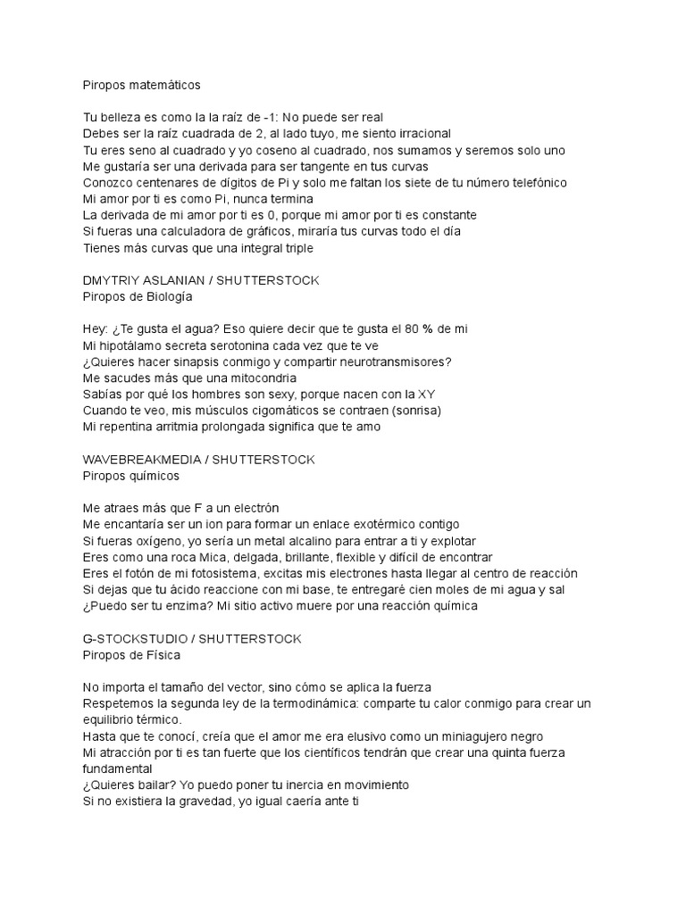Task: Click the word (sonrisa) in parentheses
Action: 413,411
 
